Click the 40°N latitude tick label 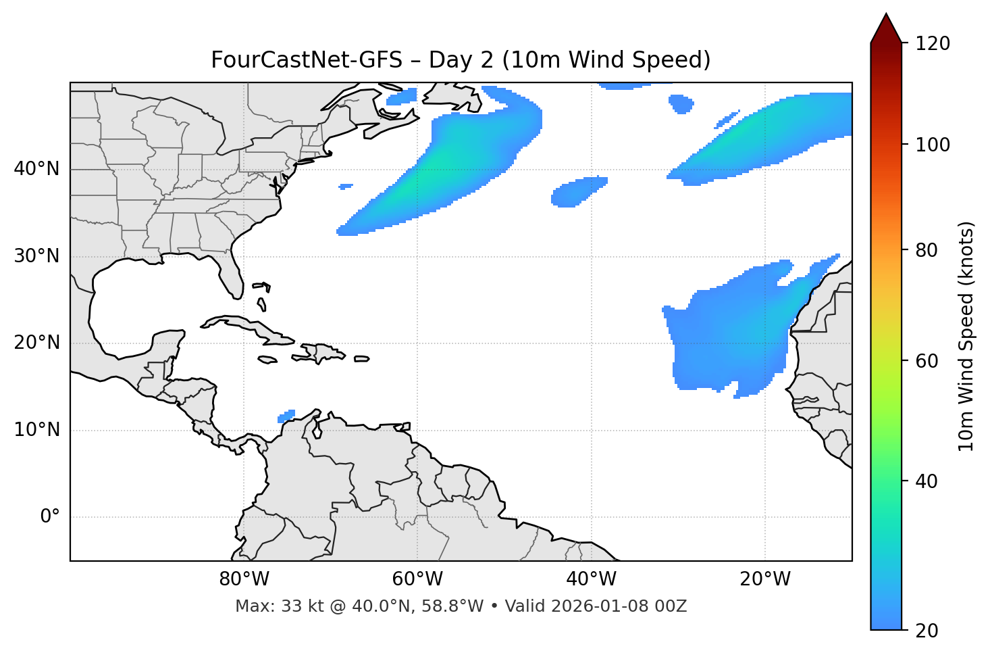click(x=36, y=169)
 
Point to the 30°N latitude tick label click(x=36, y=256)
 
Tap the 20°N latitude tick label click(x=36, y=343)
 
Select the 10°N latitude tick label click(x=36, y=430)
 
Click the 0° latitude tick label click(x=50, y=517)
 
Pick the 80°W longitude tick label click(x=244, y=579)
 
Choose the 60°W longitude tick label click(x=417, y=579)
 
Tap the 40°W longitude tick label click(x=591, y=579)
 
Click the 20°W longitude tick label click(x=764, y=579)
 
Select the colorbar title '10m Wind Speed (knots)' click(x=966, y=336)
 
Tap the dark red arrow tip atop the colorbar click(x=886, y=27)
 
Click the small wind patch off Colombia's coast click(x=287, y=416)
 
